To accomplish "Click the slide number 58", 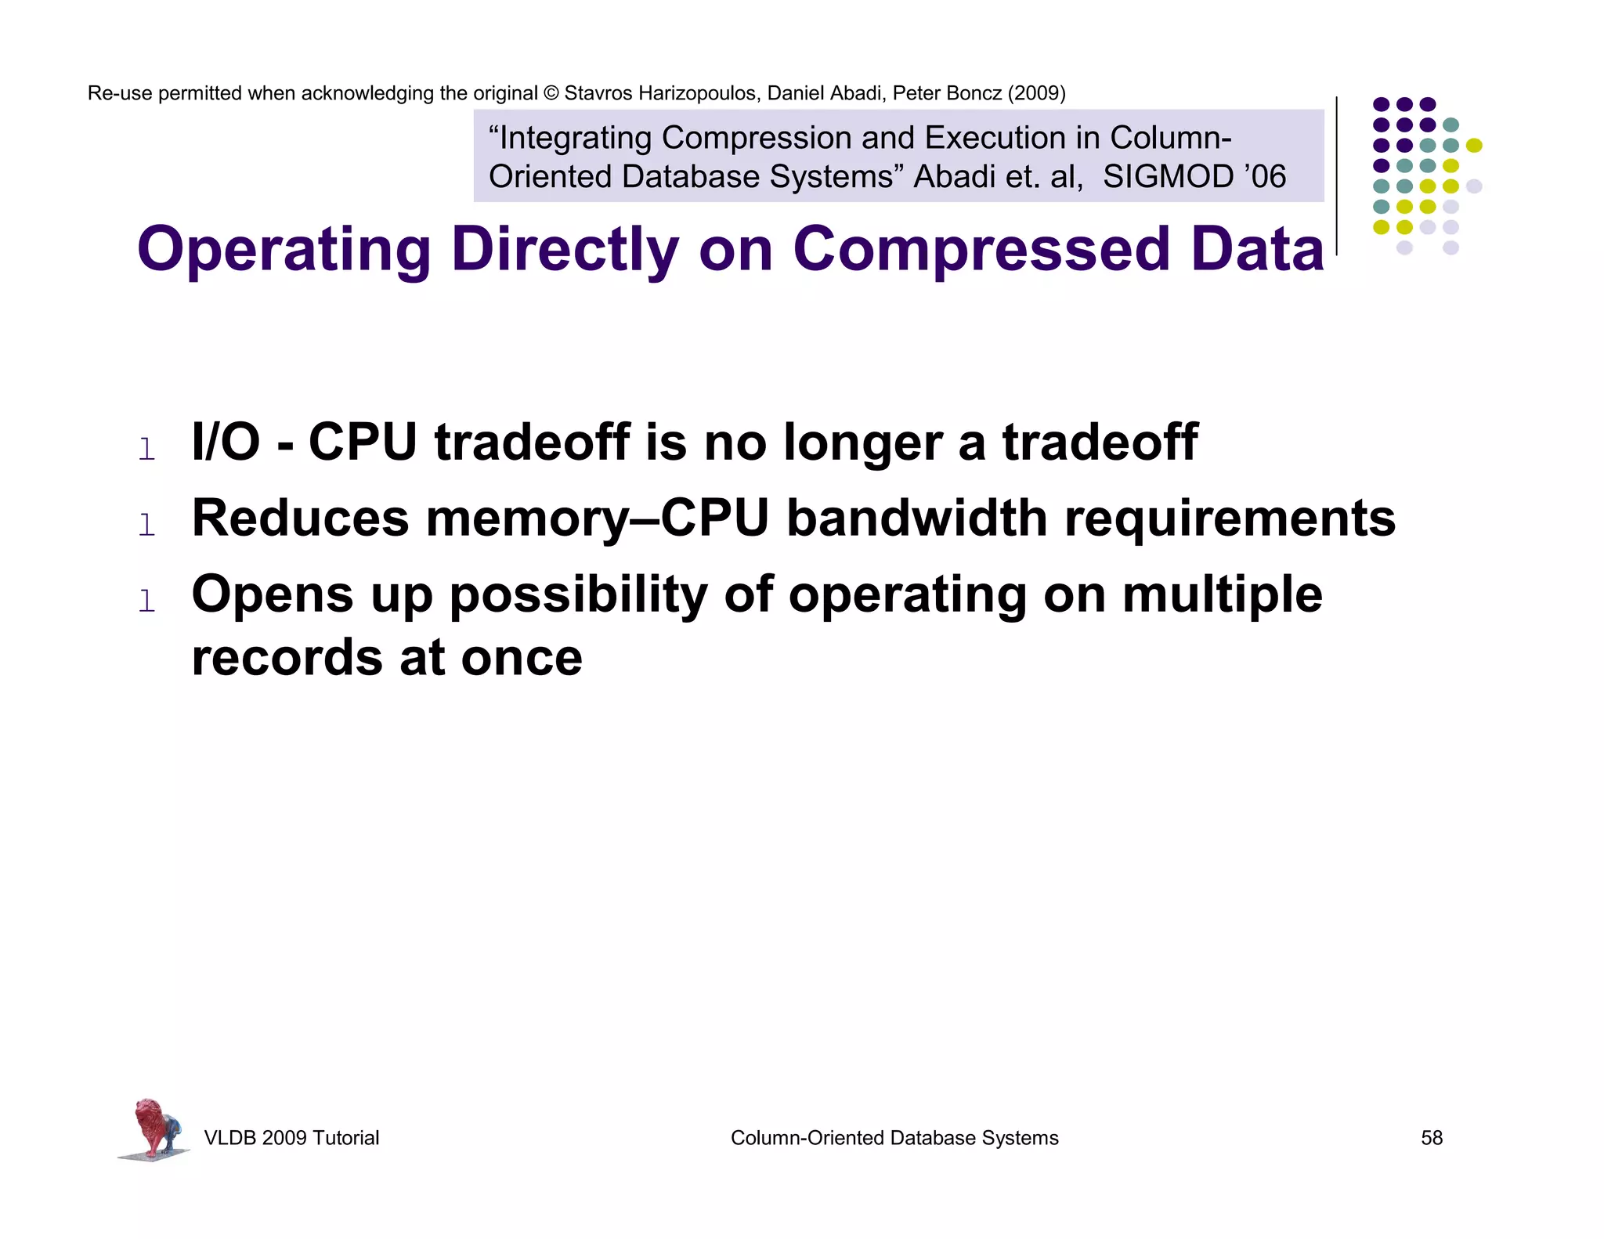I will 1431,1138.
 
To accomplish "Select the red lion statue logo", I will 154,1129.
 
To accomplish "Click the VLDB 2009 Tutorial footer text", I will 291,1138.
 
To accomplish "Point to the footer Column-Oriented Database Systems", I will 894,1138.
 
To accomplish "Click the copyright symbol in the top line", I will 551,93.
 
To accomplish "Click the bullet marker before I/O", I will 146,450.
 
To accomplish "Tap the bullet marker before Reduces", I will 146,525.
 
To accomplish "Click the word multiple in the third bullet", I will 1222,594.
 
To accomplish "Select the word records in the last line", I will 287,657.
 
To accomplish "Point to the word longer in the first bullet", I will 862,443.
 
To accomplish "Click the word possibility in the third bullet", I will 578,594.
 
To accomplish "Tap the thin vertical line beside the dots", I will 1336,175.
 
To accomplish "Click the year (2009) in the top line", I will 1036,93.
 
